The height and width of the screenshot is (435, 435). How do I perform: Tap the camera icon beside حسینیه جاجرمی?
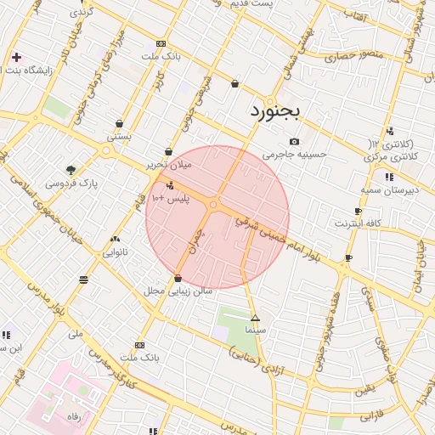click(x=294, y=141)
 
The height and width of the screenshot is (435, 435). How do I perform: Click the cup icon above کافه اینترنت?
click(x=358, y=211)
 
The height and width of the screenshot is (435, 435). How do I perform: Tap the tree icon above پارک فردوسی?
click(x=71, y=169)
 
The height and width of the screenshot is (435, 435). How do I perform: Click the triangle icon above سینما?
click(x=254, y=317)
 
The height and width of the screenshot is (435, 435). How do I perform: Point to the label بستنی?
click(x=119, y=136)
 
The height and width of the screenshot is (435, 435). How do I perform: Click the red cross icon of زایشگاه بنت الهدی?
click(x=16, y=58)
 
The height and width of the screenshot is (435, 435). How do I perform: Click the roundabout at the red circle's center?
click(x=214, y=204)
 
